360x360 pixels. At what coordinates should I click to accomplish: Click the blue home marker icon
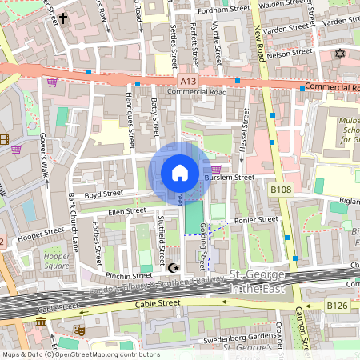(x=180, y=173)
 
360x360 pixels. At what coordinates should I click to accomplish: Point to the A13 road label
(x=187, y=81)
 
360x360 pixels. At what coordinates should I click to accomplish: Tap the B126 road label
(x=337, y=305)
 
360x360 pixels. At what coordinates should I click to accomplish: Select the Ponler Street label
(x=256, y=219)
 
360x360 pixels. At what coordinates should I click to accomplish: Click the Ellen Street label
(x=127, y=212)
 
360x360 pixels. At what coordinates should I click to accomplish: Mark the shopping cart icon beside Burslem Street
(x=215, y=158)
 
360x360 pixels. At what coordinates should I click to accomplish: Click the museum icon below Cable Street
(x=41, y=322)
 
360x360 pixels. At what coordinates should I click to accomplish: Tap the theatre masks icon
(x=79, y=329)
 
